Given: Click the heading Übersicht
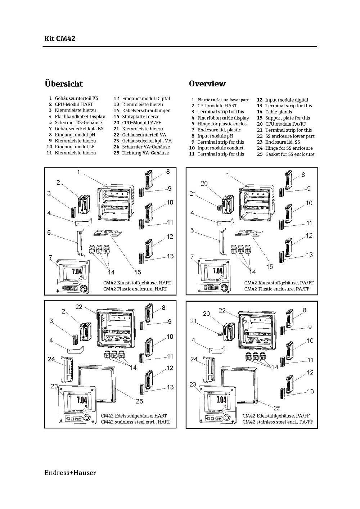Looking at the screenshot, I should click(63, 84).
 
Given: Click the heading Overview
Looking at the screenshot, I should click(207, 84).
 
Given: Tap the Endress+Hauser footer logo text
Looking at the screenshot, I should click(70, 473).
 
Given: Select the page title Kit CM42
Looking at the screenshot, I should click(59, 39).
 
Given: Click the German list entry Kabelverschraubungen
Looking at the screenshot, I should click(146, 111).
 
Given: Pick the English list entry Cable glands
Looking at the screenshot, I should click(279, 112).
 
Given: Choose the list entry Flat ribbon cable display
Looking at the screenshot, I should click(223, 118).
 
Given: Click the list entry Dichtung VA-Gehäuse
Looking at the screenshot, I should click(145, 153).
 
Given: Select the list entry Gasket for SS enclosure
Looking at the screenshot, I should click(289, 154).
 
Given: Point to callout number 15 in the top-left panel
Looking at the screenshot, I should click(138, 272).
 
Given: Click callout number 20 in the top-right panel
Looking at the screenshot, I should click(204, 183).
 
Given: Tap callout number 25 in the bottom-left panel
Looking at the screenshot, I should click(139, 401).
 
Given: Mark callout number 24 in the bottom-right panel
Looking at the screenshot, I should click(194, 359).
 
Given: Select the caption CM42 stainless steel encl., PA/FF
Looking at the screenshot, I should click(278, 422).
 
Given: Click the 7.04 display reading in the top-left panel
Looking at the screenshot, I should click(77, 271).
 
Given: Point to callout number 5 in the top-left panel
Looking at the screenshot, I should click(49, 233).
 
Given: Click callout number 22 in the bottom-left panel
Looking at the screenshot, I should click(79, 307).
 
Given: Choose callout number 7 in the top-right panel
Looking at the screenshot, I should click(192, 257).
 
